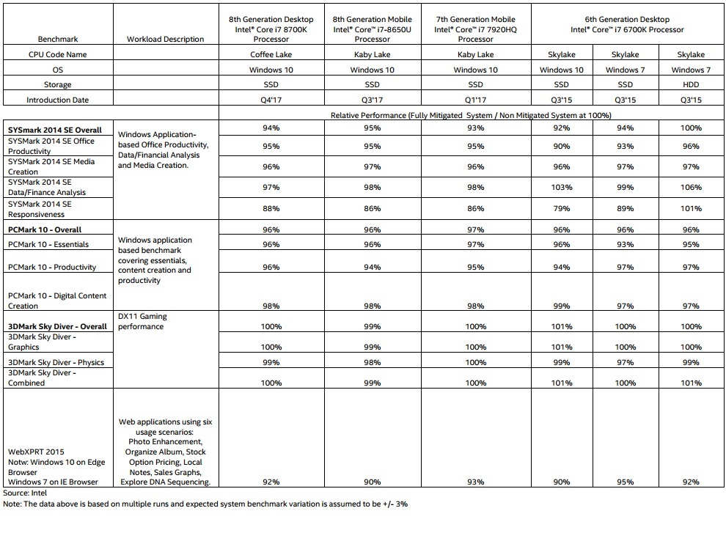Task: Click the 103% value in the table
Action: [561, 188]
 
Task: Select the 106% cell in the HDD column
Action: [690, 188]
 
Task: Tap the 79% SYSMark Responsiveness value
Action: [561, 208]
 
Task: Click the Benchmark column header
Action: [58, 39]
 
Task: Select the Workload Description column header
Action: [166, 39]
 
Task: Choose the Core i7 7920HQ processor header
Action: [474, 29]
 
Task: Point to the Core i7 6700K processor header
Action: [626, 24]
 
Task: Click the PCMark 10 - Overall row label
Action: [45, 229]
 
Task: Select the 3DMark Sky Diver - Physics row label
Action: [56, 362]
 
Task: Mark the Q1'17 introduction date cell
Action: [474, 100]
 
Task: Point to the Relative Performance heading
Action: [472, 115]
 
